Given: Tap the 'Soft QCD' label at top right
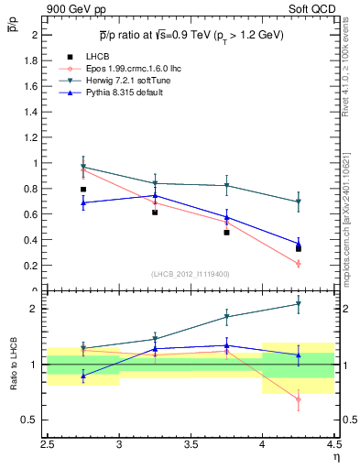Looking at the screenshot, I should (312, 9).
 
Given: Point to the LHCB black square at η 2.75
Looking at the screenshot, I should (83, 190).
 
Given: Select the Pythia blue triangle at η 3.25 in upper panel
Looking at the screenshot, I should (155, 195).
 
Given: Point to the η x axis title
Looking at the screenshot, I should (335, 458).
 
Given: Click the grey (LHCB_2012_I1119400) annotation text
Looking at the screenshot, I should (191, 274).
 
